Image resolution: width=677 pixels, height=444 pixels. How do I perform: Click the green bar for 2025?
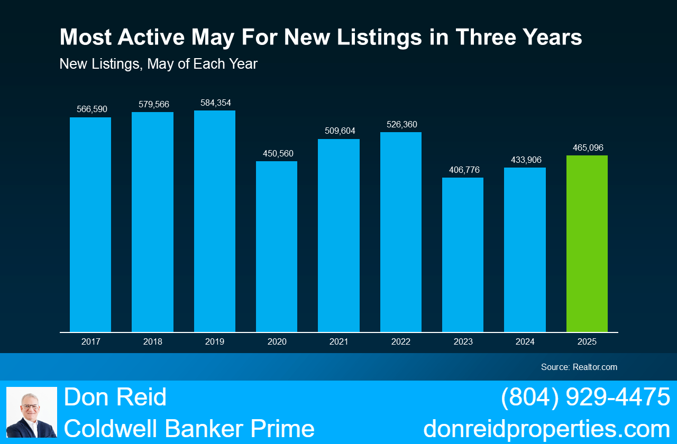[x=587, y=244]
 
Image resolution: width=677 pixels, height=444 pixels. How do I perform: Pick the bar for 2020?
[x=277, y=246]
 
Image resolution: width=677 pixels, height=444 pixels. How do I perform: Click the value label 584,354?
[x=215, y=103]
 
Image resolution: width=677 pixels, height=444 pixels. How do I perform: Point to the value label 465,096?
[x=587, y=148]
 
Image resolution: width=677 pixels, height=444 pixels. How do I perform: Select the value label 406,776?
[x=463, y=170]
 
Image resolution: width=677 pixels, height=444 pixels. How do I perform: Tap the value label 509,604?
[x=339, y=131]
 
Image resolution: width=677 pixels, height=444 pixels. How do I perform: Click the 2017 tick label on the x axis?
[x=90, y=342]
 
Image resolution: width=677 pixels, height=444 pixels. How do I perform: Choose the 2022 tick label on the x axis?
[x=401, y=342]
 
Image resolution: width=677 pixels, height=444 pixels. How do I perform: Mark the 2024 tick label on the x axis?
[x=525, y=342]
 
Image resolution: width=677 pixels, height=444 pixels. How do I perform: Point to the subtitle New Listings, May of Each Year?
[x=159, y=64]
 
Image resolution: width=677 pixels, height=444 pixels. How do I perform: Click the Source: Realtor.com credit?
[x=579, y=367]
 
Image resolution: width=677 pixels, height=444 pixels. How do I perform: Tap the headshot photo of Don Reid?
[x=32, y=412]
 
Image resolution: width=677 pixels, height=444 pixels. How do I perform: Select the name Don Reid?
[x=115, y=397]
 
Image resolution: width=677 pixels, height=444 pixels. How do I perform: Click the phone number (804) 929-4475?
[x=585, y=397]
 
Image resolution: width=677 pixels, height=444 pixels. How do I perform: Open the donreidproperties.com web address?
[x=546, y=429]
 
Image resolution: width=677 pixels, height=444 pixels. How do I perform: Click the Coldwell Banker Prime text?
[x=189, y=429]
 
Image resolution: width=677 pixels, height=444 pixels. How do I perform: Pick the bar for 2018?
[x=152, y=222]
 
